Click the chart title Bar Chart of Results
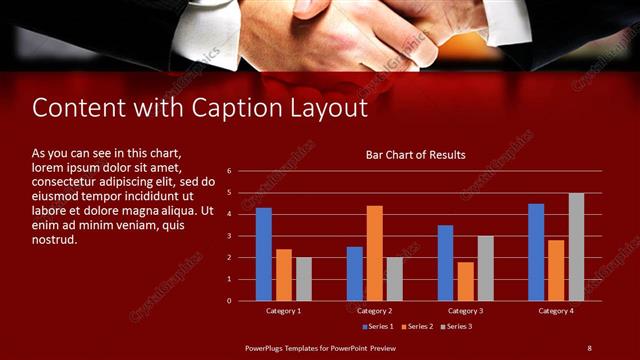pyautogui.click(x=415, y=155)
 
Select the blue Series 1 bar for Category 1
pyautogui.click(x=264, y=254)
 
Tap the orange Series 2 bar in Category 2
pyautogui.click(x=375, y=253)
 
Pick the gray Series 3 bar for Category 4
pyautogui.click(x=576, y=247)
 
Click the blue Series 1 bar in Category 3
pyautogui.click(x=446, y=263)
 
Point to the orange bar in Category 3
pyautogui.click(x=465, y=281)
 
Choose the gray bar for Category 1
pyautogui.click(x=303, y=279)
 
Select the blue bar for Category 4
pyautogui.click(x=536, y=252)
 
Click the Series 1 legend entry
pyautogui.click(x=377, y=326)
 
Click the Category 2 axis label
pyautogui.click(x=374, y=311)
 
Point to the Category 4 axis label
pyautogui.click(x=556, y=311)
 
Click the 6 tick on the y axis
pyautogui.click(x=228, y=171)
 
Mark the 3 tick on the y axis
pyautogui.click(x=228, y=236)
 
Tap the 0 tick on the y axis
pyautogui.click(x=228, y=300)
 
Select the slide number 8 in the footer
pyautogui.click(x=589, y=347)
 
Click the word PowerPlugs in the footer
pyautogui.click(x=266, y=347)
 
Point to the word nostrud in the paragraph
pyautogui.click(x=54, y=240)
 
